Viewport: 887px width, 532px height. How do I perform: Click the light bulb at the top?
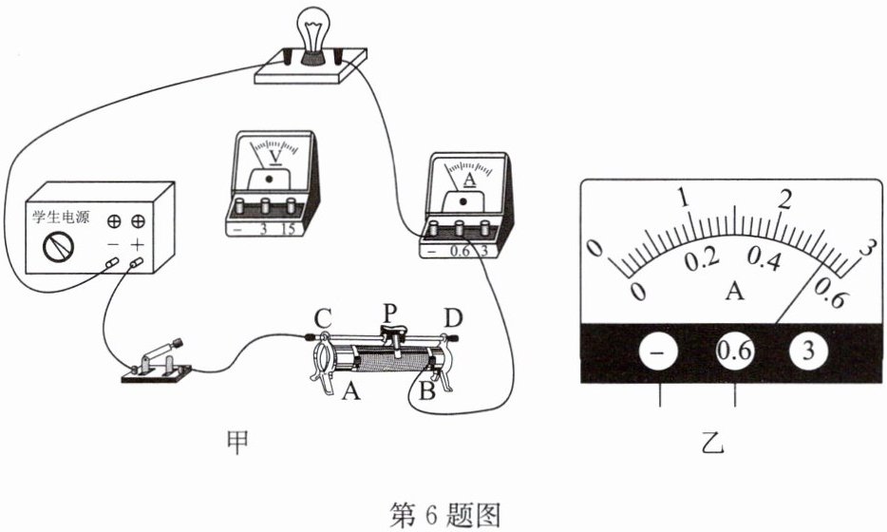pyautogui.click(x=311, y=29)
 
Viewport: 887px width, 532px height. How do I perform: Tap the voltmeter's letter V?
pyautogui.click(x=274, y=155)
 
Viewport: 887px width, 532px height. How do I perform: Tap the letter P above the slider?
pyautogui.click(x=391, y=310)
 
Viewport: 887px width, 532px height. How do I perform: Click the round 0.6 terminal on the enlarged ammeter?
pyautogui.click(x=734, y=351)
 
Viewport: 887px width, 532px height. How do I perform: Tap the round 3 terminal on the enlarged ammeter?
pyautogui.click(x=808, y=351)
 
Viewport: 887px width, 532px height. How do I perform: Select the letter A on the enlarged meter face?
pyautogui.click(x=733, y=291)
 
